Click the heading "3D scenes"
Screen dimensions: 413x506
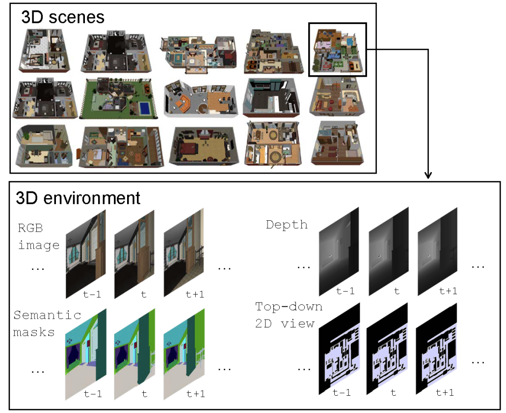click(x=62, y=17)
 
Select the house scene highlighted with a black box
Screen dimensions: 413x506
click(x=338, y=50)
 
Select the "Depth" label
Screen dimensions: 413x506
click(x=287, y=225)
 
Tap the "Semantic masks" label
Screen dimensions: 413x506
click(x=47, y=324)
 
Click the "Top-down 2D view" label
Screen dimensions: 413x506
click(x=289, y=315)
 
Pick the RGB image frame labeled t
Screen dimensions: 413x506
click(x=134, y=253)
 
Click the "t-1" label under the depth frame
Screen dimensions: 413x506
click(x=346, y=291)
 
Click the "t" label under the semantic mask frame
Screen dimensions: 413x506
click(x=144, y=393)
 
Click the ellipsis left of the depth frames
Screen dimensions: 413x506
click(x=304, y=267)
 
